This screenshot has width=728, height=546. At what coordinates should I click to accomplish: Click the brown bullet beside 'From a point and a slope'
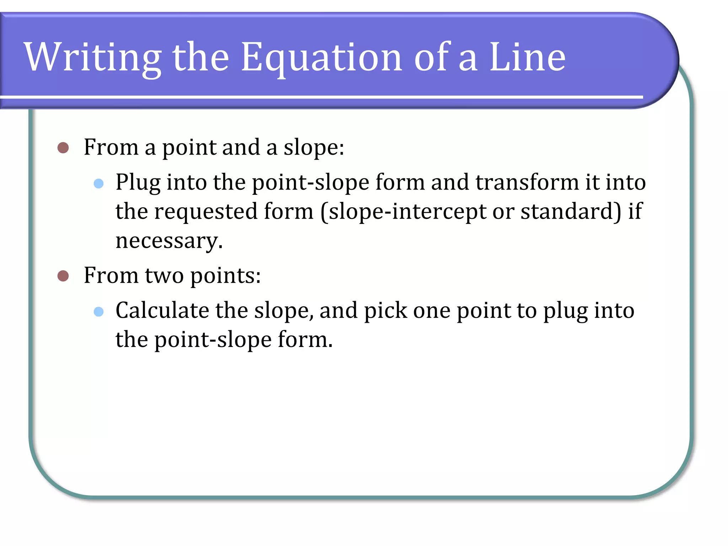pos(63,148)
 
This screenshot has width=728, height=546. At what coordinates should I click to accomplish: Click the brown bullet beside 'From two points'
pos(63,276)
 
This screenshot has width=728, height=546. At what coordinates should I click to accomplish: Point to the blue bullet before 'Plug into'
pos(98,183)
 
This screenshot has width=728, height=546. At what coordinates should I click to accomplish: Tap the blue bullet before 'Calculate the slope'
pos(98,312)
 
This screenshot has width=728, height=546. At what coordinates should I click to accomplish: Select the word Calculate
pos(162,310)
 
